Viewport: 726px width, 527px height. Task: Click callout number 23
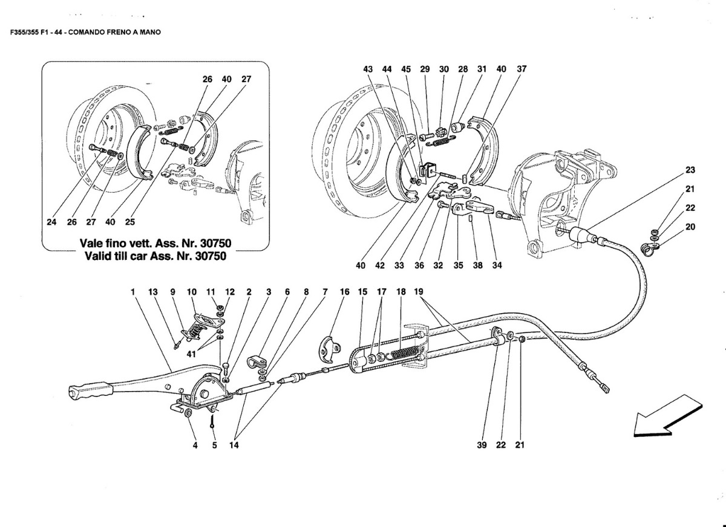tap(690, 170)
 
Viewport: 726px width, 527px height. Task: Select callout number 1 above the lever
tap(132, 292)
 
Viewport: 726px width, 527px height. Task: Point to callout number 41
tap(191, 354)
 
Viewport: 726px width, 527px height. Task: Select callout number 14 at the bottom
tap(234, 445)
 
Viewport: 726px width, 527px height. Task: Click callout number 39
tap(482, 445)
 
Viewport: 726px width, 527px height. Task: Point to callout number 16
tap(344, 292)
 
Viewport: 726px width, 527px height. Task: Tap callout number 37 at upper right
tap(522, 69)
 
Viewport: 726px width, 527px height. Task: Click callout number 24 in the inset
tap(51, 222)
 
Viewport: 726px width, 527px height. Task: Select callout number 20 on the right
tap(690, 227)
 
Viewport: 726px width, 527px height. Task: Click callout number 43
tap(368, 70)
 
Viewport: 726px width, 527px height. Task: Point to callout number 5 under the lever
tap(214, 445)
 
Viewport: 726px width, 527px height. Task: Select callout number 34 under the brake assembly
tap(497, 265)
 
